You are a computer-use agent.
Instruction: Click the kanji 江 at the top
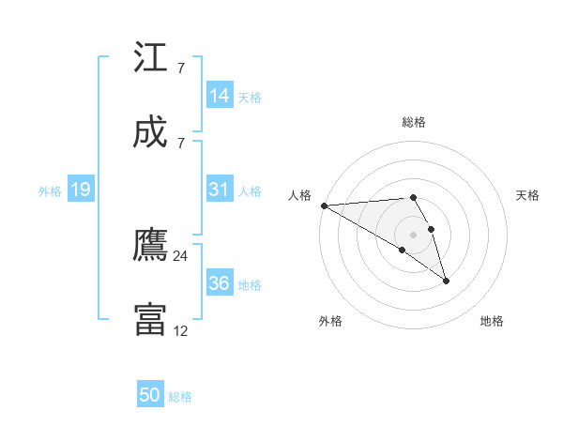coord(150,58)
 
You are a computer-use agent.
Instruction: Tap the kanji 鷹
coord(150,246)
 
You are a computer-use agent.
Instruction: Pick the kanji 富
coord(150,320)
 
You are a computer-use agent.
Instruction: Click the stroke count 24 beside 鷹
coord(181,255)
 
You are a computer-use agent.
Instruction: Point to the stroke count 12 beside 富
coord(181,330)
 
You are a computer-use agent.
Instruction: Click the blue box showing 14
coord(220,96)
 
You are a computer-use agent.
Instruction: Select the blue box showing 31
coord(220,190)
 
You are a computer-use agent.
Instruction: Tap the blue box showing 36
coord(220,283)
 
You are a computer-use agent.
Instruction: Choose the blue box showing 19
coord(80,190)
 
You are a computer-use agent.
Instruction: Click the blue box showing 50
coord(150,395)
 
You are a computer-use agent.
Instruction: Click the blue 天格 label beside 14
coord(250,97)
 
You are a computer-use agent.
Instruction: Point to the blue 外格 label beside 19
coord(50,191)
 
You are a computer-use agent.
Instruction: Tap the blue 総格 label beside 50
coord(180,397)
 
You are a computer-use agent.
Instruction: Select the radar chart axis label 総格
coord(414,122)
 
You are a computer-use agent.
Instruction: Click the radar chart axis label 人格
coord(300,195)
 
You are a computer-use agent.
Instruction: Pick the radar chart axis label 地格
coord(492,322)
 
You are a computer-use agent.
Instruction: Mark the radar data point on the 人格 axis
coord(324,205)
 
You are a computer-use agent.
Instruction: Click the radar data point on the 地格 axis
coord(446,280)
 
